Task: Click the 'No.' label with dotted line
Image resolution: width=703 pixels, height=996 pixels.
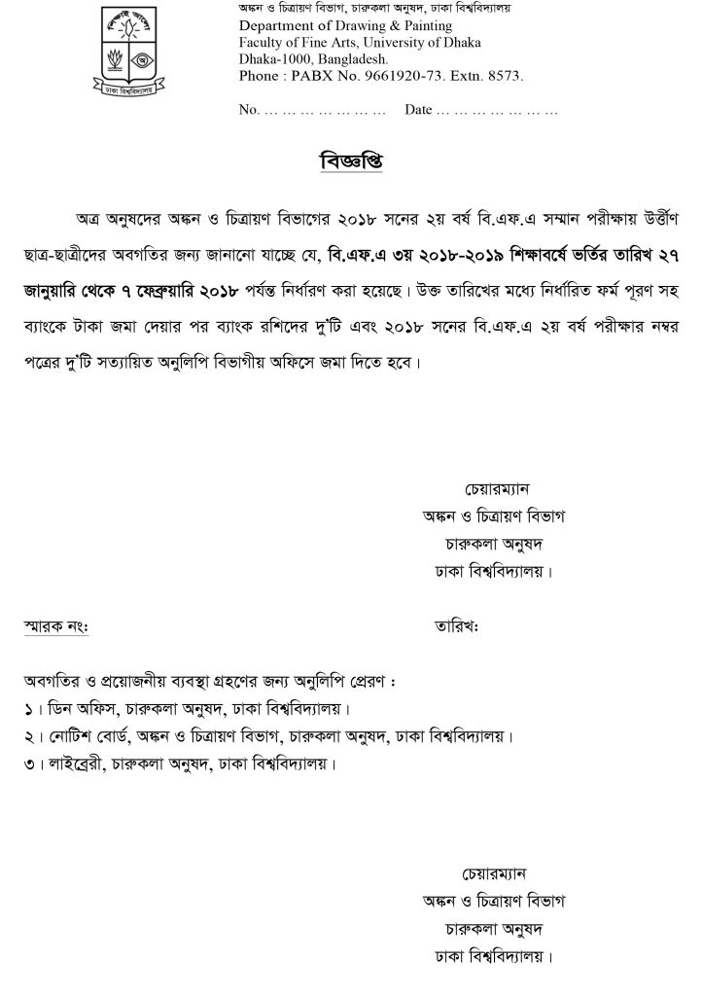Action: pyautogui.click(x=247, y=110)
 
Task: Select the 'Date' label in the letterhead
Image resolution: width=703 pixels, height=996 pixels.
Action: pyautogui.click(x=417, y=110)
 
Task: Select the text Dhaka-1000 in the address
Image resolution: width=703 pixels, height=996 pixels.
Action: pyautogui.click(x=274, y=58)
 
